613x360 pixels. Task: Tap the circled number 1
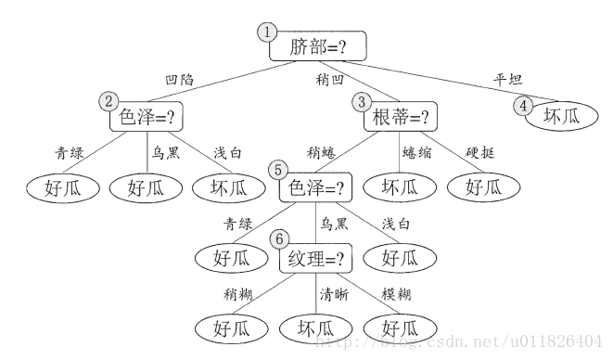tap(268, 31)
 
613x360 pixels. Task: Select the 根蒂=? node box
tap(402, 118)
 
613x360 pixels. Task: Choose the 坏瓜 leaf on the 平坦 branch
tap(561, 117)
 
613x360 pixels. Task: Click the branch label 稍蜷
tap(321, 151)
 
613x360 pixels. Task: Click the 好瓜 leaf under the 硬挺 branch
tap(481, 187)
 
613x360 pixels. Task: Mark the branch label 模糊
tap(396, 295)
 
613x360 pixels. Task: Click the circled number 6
tap(277, 239)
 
